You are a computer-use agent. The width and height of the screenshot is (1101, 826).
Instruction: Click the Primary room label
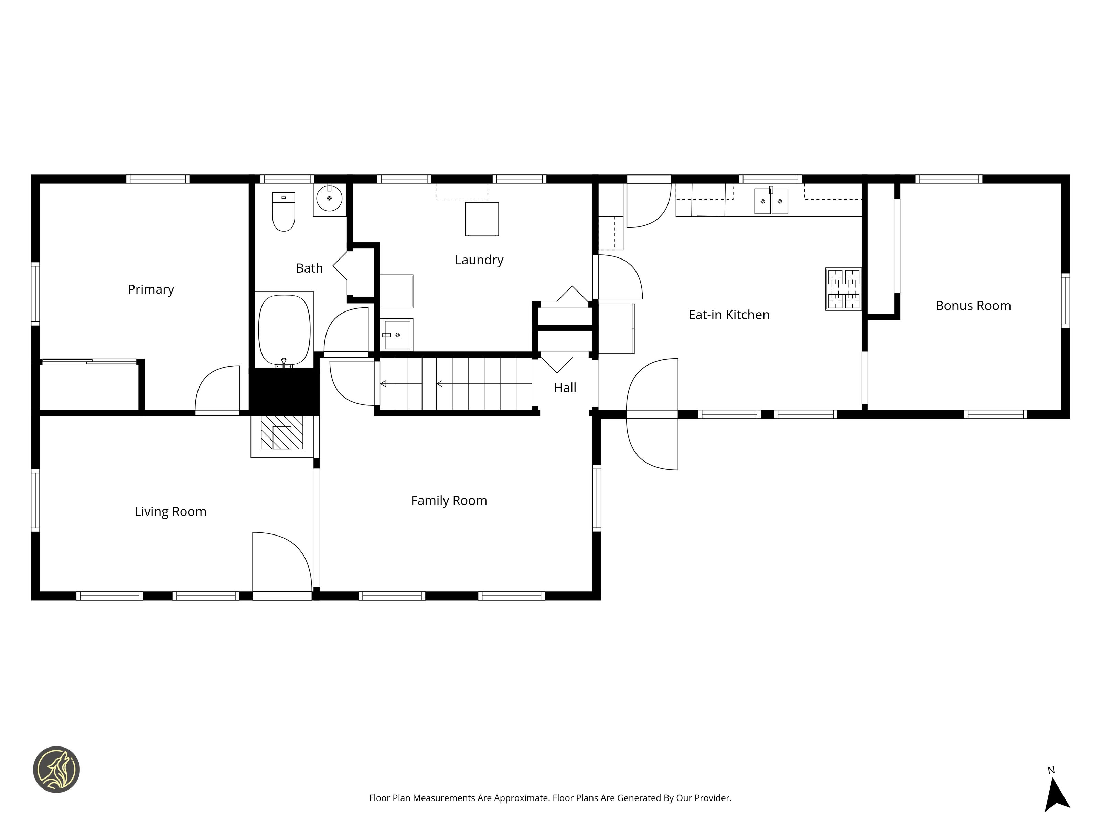(151, 290)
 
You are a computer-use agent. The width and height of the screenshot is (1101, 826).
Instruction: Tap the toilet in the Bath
(284, 212)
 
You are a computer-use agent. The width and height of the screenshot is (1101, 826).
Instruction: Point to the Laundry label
(479, 260)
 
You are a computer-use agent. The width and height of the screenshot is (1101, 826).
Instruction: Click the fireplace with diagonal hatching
(282, 433)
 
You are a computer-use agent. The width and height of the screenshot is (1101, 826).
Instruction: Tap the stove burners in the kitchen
(843, 289)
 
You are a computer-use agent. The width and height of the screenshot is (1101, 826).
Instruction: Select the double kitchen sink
(771, 201)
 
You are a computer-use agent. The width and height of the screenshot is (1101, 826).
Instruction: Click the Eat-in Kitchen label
(729, 315)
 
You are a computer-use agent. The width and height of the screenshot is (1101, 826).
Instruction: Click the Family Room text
(449, 501)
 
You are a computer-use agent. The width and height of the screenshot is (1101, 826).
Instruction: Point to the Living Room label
(170, 512)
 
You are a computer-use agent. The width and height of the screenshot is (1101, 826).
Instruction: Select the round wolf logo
(56, 769)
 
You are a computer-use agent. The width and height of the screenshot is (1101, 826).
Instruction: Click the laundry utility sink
(397, 335)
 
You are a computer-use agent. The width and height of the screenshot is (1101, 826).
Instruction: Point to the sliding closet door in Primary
(89, 361)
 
